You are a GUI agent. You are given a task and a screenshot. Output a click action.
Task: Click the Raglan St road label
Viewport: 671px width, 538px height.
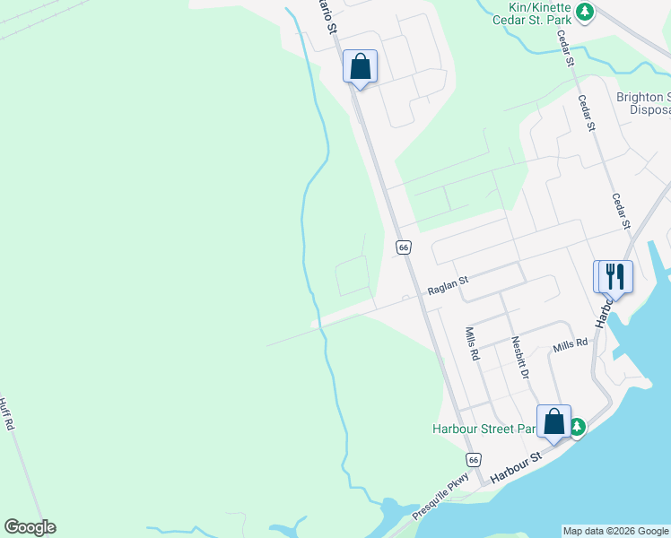448,285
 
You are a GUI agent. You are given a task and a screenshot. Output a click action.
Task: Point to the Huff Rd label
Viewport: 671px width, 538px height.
8,414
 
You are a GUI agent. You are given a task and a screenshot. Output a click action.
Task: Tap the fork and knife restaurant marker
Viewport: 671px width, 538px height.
614,275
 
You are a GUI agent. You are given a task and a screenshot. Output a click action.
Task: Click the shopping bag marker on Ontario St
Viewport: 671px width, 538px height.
360,65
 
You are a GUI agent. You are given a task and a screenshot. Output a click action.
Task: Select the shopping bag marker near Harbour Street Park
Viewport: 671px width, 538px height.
553,421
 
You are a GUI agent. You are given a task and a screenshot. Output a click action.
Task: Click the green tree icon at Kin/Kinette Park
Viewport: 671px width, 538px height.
585,12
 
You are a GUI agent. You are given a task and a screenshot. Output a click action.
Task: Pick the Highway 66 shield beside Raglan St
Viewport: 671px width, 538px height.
403,246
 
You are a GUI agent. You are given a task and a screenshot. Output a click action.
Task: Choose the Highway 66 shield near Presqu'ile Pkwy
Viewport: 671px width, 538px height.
475,459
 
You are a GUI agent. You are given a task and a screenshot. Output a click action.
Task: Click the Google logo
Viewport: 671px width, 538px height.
30,527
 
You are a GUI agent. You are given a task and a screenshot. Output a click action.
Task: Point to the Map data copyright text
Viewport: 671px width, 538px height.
615,531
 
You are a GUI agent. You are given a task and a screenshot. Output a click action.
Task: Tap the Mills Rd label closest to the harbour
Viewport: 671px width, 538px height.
570,343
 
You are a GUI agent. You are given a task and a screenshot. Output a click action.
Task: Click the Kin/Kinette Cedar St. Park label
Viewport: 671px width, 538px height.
535,13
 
